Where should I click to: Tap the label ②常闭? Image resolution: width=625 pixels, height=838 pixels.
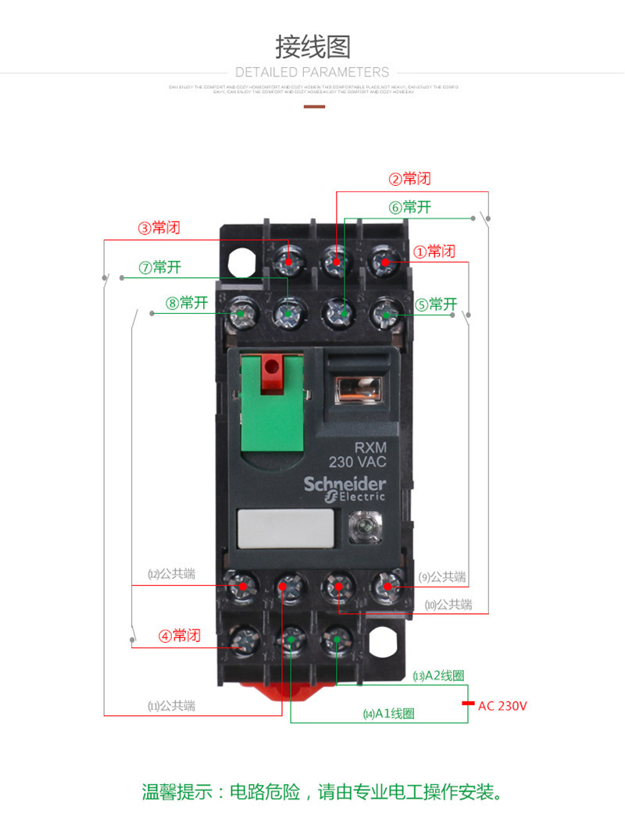pyautogui.click(x=410, y=179)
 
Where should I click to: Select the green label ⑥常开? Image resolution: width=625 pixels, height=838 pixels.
pyautogui.click(x=410, y=208)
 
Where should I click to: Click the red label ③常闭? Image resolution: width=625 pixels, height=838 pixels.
pyautogui.click(x=159, y=228)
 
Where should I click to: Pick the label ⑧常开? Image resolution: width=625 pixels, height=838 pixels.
pyautogui.click(x=187, y=303)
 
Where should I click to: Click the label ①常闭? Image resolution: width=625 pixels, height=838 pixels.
pyautogui.click(x=434, y=251)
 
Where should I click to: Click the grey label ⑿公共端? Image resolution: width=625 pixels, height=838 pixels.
pyautogui.click(x=172, y=574)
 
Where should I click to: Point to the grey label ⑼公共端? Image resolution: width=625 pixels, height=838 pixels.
pyautogui.click(x=442, y=577)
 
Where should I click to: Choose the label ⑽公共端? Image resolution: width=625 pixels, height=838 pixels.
pyautogui.click(x=448, y=604)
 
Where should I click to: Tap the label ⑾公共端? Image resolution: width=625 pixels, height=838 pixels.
pyautogui.click(x=172, y=706)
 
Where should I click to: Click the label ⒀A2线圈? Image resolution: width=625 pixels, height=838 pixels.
pyautogui.click(x=438, y=676)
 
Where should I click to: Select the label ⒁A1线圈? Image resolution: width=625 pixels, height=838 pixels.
pyautogui.click(x=388, y=713)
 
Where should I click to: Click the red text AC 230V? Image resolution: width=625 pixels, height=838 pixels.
pyautogui.click(x=502, y=706)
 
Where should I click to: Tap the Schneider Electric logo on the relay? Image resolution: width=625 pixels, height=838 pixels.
pyautogui.click(x=345, y=487)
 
